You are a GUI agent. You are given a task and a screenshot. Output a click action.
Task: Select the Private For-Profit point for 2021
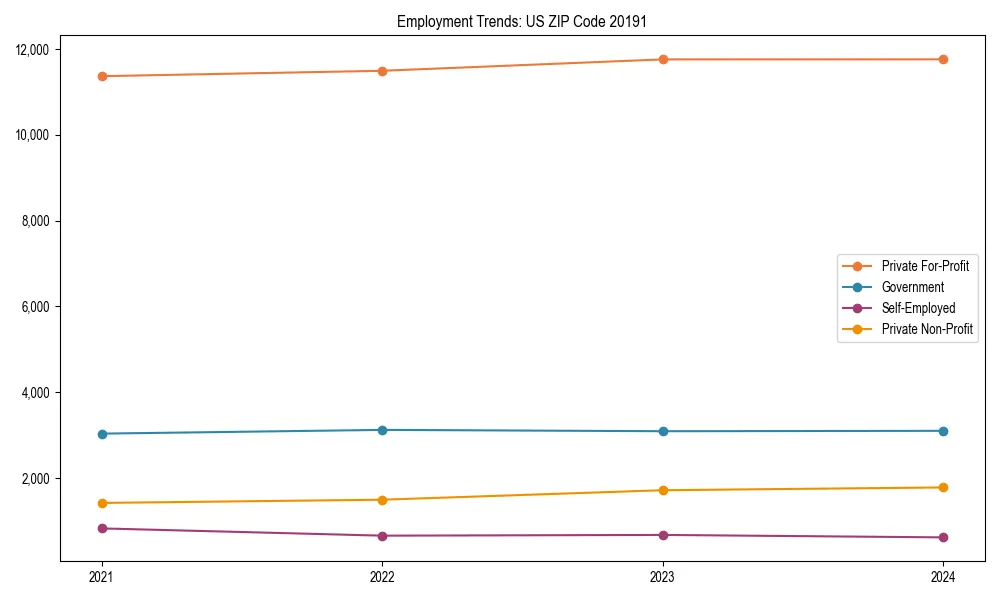102,76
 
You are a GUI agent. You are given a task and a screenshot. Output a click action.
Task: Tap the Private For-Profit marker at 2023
662,59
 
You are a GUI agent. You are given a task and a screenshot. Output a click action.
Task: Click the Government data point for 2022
382,430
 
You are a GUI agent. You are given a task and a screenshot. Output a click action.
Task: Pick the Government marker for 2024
943,431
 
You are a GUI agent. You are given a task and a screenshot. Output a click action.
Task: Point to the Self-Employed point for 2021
102,528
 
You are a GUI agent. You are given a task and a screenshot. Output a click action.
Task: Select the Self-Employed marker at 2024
943,537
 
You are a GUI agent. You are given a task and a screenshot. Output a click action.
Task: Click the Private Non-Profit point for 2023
662,490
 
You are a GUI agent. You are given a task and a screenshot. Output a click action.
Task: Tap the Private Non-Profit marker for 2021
102,503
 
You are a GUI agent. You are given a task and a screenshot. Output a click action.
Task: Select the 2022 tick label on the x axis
382,576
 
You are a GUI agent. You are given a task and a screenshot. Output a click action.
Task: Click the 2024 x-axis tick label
943,576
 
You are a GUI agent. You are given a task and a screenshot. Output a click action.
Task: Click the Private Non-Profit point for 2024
943,487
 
